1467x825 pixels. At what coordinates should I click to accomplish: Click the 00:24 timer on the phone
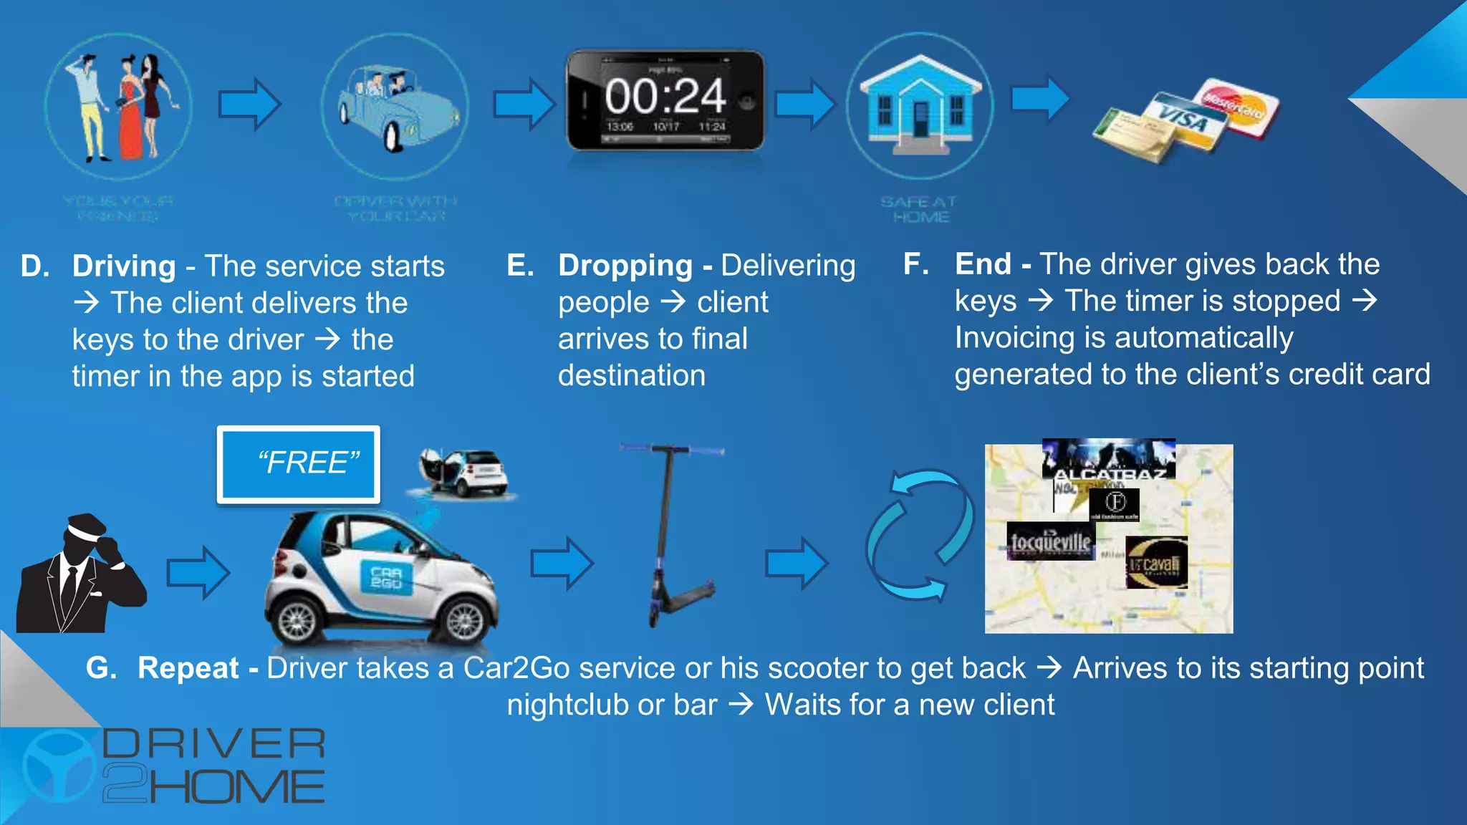[x=665, y=96]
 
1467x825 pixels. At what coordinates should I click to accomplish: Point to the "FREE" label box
[x=299, y=464]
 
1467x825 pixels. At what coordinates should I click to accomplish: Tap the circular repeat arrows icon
[x=920, y=534]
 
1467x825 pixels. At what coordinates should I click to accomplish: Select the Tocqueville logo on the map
[x=1051, y=541]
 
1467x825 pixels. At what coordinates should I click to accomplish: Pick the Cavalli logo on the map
[x=1156, y=563]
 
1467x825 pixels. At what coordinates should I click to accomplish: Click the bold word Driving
[x=124, y=266]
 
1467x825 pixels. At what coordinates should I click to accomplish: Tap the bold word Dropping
[x=625, y=266]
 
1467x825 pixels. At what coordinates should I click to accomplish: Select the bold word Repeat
[x=188, y=668]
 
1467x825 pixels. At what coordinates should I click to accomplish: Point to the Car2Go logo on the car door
[x=387, y=578]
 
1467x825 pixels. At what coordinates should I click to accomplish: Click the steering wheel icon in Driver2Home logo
[x=59, y=766]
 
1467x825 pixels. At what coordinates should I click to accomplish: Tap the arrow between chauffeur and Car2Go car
[x=198, y=572]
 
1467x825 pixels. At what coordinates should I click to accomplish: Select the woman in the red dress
[x=130, y=107]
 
